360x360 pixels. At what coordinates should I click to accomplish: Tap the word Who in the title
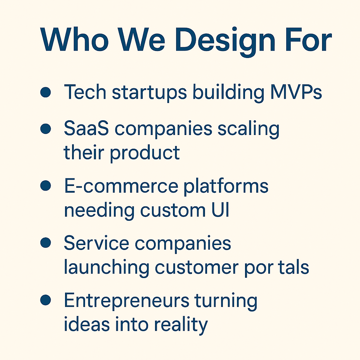pos(74,39)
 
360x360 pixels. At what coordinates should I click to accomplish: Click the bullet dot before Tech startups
pos(45,92)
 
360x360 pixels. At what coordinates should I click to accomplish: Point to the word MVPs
pos(296,92)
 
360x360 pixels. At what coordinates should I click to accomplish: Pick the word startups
pos(149,92)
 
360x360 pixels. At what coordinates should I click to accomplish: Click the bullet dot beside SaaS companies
pos(45,129)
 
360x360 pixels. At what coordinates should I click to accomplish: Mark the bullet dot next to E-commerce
pos(45,186)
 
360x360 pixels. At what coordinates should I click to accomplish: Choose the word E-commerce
pos(121,186)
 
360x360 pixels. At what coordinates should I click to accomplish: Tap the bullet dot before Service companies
pos(45,243)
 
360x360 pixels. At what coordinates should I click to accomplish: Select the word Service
pos(96,243)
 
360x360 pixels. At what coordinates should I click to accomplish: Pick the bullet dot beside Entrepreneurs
pos(45,300)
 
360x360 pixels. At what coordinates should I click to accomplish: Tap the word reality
pos(181,325)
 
